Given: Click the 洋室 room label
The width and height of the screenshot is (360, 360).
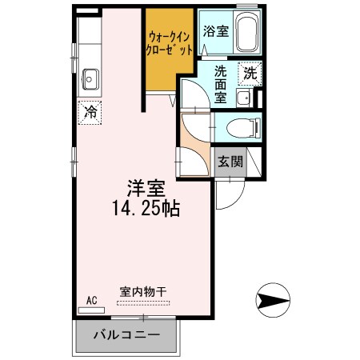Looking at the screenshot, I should click(x=145, y=189).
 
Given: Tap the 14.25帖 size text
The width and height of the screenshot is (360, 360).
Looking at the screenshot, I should click(x=146, y=210).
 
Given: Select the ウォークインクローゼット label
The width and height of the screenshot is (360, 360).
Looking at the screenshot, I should click(x=169, y=42).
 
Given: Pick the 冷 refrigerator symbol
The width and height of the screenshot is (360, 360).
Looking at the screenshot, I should click(x=91, y=112).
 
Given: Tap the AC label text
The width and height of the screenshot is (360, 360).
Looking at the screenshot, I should click(x=91, y=300).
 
